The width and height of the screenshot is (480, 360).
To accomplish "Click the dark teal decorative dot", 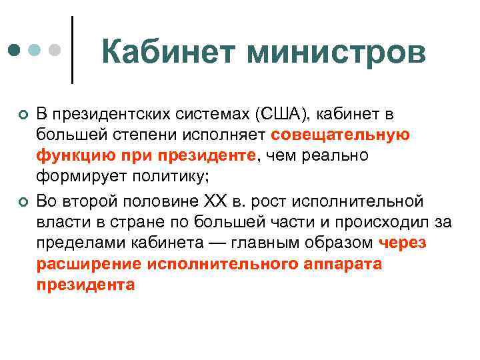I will coord(13,50).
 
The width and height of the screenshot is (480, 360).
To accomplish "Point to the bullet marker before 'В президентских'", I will coord(24,117).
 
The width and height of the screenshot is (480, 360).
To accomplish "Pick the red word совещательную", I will coord(341,136).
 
